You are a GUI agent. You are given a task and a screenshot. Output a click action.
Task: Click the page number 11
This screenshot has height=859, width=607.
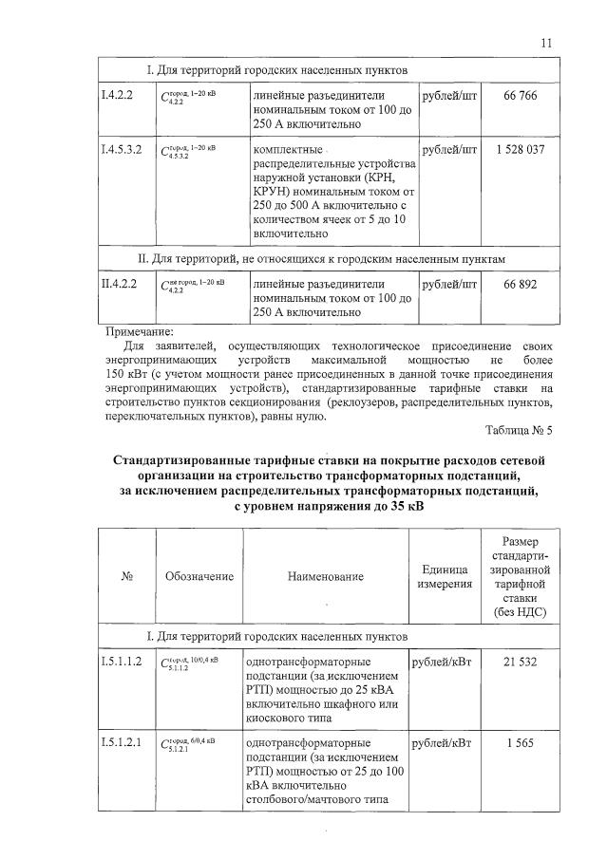545,43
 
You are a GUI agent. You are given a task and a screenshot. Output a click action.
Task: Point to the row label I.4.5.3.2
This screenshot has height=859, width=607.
123,150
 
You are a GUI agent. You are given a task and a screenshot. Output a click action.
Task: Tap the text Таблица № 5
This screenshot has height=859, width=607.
518,429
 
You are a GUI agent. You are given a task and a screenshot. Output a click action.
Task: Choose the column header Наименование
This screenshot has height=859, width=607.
326,576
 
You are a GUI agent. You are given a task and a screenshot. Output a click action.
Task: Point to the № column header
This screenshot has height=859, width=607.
126,576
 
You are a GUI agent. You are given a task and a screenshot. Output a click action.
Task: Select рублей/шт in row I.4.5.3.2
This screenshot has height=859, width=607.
448,150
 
